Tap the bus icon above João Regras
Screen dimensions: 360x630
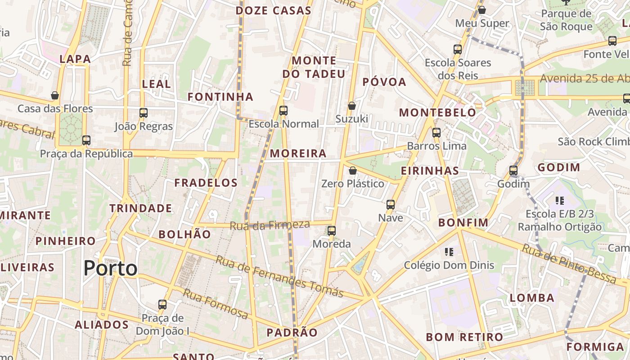[144, 113]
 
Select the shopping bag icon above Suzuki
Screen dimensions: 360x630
[352, 106]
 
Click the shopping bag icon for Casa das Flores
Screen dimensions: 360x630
[55, 95]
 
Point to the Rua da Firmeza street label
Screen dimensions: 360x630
[270, 225]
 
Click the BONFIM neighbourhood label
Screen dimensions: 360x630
[463, 222]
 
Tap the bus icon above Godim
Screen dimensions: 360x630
[513, 171]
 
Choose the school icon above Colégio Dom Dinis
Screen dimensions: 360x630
[449, 252]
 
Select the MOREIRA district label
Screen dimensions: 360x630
[298, 153]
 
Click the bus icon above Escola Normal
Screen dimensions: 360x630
[283, 110]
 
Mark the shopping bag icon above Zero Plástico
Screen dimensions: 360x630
[353, 171]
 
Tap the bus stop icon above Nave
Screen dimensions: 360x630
[391, 204]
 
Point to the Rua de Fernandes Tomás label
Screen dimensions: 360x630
[279, 276]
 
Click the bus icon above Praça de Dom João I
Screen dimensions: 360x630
[162, 305]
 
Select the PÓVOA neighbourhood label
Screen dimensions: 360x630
[384, 82]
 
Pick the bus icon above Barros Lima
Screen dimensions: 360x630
[436, 133]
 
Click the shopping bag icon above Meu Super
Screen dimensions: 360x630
[482, 10]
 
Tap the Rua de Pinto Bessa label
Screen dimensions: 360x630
[569, 264]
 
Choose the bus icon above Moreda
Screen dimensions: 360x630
[332, 231]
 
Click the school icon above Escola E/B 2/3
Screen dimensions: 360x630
[559, 201]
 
